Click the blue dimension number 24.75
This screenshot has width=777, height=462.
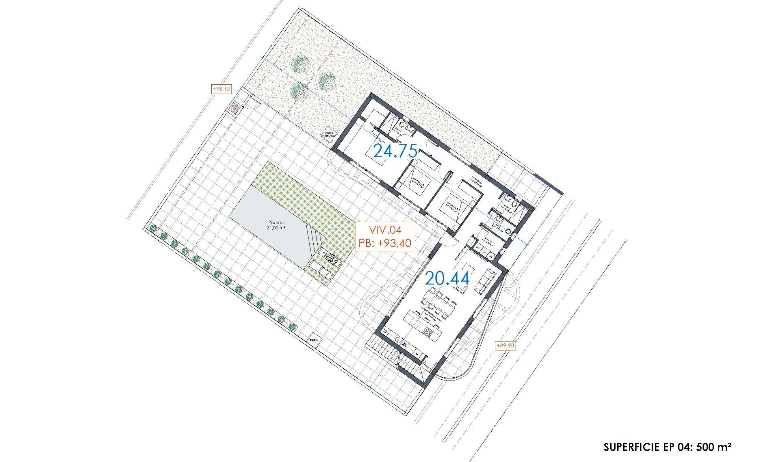[395, 151]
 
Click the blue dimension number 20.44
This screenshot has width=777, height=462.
[447, 278]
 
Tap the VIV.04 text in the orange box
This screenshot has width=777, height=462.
[385, 230]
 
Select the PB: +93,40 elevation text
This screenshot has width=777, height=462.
[385, 243]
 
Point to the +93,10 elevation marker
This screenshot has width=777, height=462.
[221, 89]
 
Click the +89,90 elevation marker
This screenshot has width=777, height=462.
[505, 346]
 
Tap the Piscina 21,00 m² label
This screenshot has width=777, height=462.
[276, 225]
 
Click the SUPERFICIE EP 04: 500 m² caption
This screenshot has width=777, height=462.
[667, 447]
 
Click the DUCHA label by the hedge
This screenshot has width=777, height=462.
[314, 340]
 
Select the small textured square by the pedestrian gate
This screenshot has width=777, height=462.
[234, 108]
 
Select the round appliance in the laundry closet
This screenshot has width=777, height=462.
[491, 257]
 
